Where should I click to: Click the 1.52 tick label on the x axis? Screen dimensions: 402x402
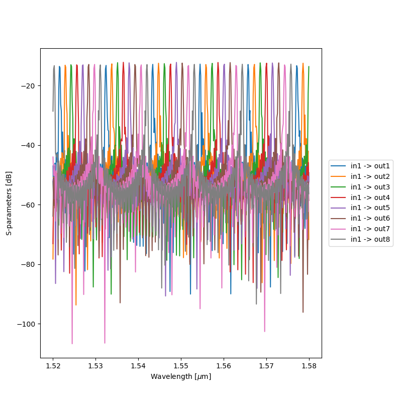click(53, 365)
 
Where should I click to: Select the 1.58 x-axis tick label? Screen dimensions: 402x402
click(309, 365)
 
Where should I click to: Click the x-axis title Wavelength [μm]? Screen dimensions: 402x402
click(181, 376)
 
